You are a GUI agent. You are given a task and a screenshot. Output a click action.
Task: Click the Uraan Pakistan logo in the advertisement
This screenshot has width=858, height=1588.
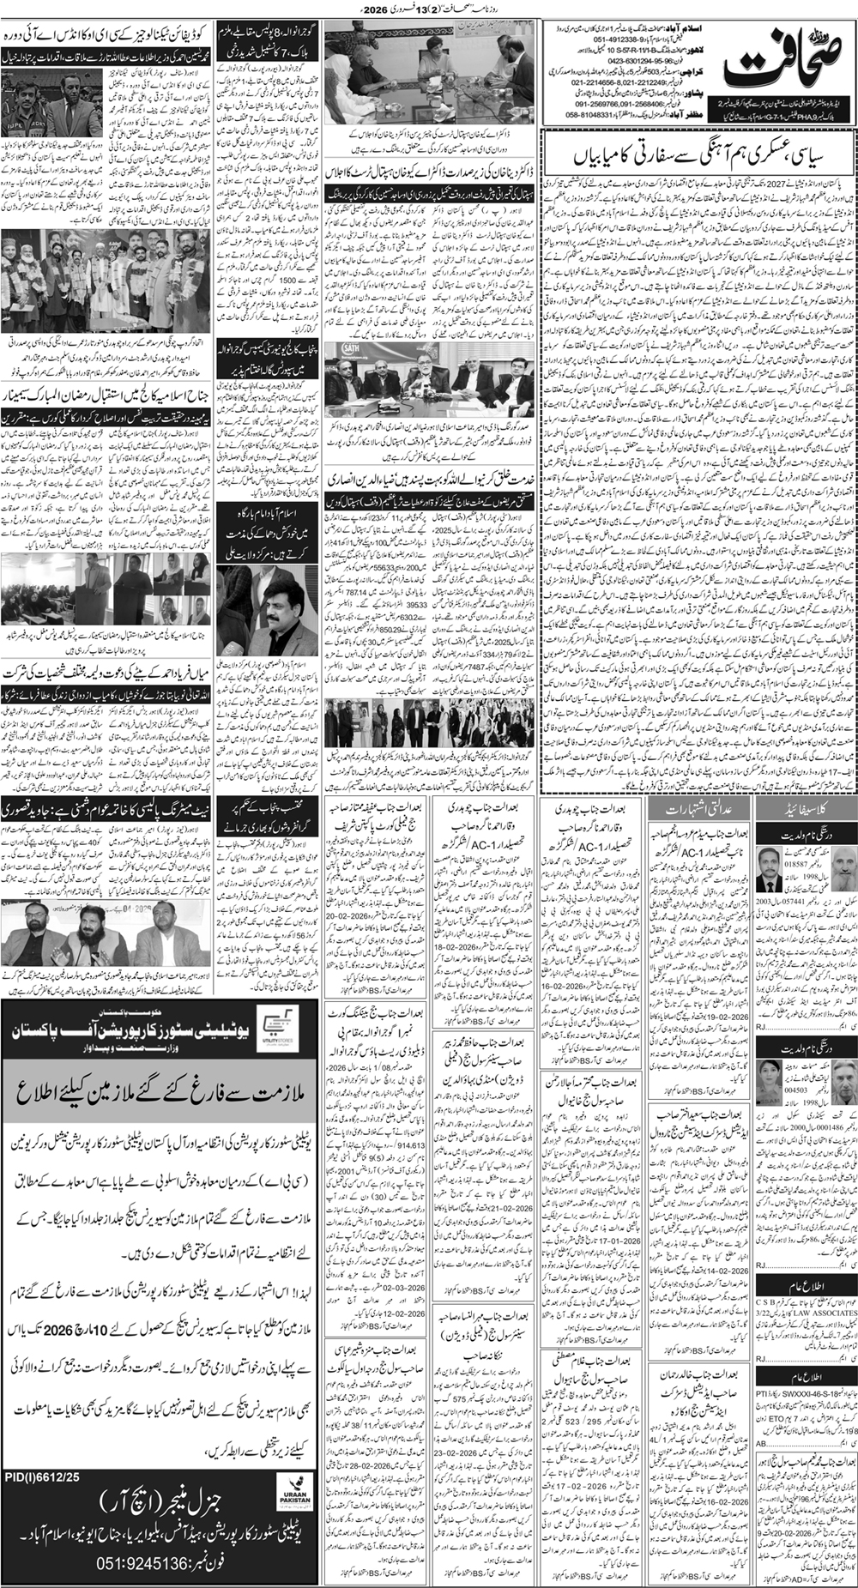click(x=285, y=1523)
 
